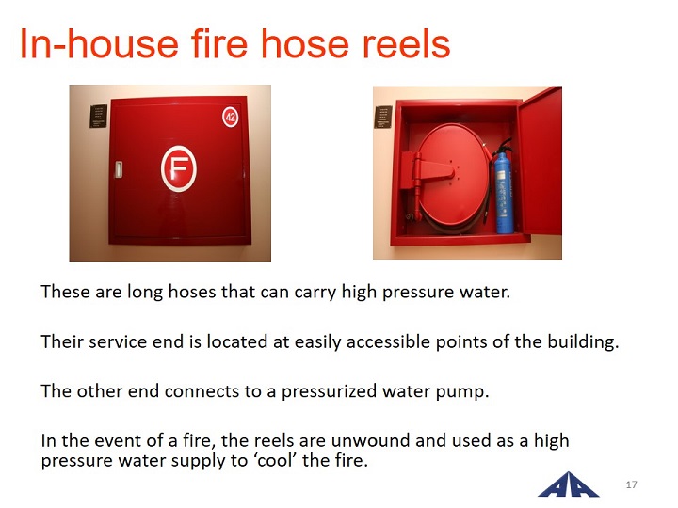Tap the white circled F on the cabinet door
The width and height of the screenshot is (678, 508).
(179, 169)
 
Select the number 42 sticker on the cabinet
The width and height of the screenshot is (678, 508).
(231, 117)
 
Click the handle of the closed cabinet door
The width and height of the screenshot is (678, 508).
(119, 169)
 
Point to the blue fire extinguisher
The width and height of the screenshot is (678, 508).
(502, 187)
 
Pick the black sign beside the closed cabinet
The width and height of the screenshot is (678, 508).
(98, 117)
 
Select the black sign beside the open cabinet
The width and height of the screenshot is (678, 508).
(382, 117)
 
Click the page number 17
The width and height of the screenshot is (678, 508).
(631, 484)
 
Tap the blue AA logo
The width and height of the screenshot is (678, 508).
(568, 485)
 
